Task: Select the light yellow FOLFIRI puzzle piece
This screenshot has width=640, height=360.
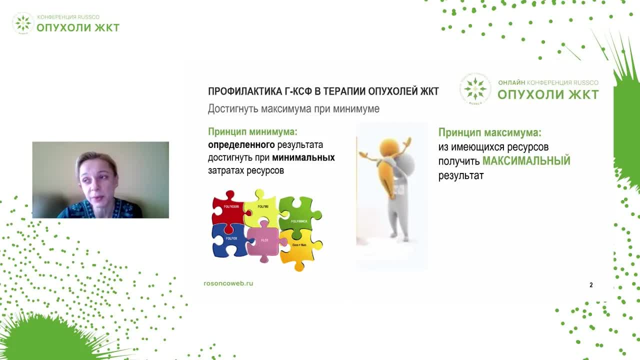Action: [262, 207]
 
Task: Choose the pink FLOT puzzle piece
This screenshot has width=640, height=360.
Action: [264, 241]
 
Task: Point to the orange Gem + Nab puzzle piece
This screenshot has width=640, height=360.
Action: [300, 247]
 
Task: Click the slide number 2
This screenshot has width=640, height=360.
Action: [591, 285]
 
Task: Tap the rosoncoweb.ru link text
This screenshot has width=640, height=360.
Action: [228, 283]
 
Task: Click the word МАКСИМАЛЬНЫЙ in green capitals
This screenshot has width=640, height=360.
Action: [526, 161]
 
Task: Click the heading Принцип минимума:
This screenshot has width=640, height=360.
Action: [252, 132]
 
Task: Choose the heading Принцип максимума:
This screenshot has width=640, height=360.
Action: [489, 132]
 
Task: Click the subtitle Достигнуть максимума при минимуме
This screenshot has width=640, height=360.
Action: [293, 108]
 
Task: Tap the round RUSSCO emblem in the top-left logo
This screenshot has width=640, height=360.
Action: [22, 23]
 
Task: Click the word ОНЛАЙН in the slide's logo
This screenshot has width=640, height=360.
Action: [511, 83]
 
